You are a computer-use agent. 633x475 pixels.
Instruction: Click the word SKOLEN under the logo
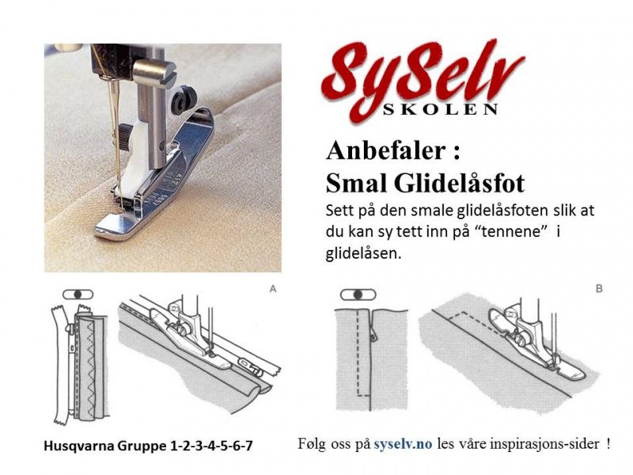coord(451,108)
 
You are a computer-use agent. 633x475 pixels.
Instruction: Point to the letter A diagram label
coord(273,290)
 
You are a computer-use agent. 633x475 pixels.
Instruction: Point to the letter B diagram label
coord(598,290)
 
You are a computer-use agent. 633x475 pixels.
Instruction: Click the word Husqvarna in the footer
coord(78,446)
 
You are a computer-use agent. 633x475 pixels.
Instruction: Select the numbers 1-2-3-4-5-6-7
coord(211,446)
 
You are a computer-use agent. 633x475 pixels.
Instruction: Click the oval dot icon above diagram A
coord(78,294)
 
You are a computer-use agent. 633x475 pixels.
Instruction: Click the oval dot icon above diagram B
coord(358,294)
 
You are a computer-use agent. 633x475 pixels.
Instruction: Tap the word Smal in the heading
coord(352,184)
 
